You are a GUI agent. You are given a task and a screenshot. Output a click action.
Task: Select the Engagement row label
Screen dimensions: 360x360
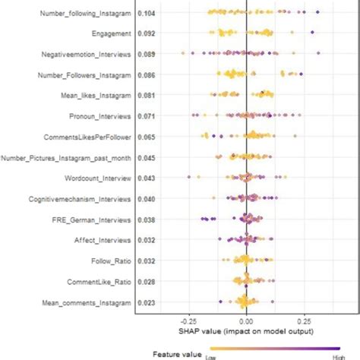(x=112, y=34)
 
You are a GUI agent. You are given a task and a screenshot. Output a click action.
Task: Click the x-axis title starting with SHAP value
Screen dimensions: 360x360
(x=245, y=332)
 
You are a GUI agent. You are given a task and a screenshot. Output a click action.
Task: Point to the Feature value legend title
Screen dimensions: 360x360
(x=177, y=353)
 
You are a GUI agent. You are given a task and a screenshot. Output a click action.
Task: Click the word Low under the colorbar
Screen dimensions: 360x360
(x=211, y=356)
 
